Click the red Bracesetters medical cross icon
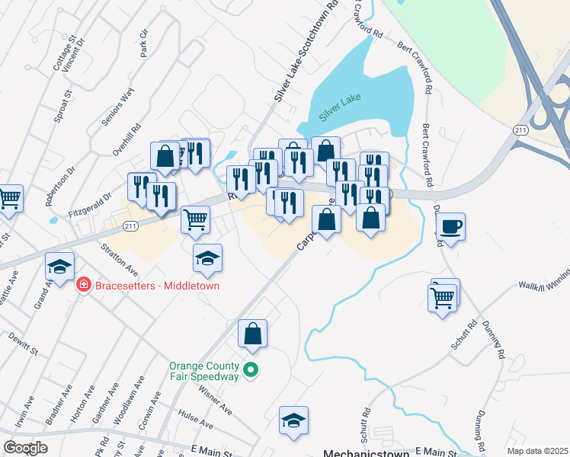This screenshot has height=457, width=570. pos(83,286)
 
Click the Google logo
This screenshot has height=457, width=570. pos(25,448)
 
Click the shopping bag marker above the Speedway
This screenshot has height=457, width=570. pos(253,334)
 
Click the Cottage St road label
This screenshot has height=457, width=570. pos(61,53)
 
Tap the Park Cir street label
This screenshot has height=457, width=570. pos(143,43)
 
